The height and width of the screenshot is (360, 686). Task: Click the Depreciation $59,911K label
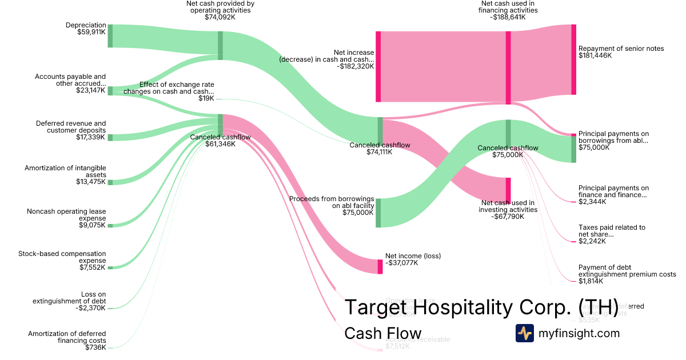click(86, 29)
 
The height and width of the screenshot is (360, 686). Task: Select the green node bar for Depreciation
click(110, 36)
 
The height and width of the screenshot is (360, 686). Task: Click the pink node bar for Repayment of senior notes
click(573, 59)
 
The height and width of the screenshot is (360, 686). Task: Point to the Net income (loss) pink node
click(380, 266)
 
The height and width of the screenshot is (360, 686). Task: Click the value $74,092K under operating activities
click(220, 17)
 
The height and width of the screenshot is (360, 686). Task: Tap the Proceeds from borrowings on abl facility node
click(378, 213)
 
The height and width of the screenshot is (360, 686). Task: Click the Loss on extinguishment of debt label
click(69, 301)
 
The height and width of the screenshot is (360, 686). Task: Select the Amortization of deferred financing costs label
click(67, 340)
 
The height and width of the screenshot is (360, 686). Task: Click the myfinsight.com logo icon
click(524, 333)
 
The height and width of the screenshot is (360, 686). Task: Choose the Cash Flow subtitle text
click(382, 333)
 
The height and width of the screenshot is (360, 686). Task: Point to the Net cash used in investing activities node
click(508, 191)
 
